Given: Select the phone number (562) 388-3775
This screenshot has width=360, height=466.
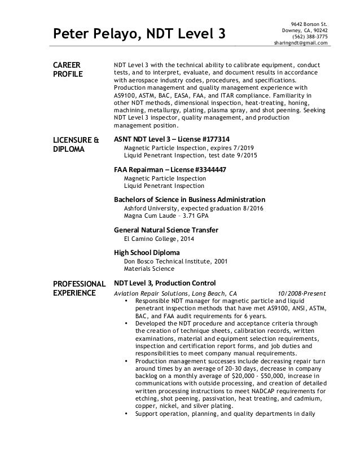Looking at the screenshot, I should click(x=309, y=36).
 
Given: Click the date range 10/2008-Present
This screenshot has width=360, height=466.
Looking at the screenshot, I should click(x=306, y=293).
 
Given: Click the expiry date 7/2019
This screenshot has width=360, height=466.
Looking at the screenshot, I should click(x=244, y=148).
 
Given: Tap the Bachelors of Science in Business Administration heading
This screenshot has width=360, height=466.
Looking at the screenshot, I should click(x=190, y=200).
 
